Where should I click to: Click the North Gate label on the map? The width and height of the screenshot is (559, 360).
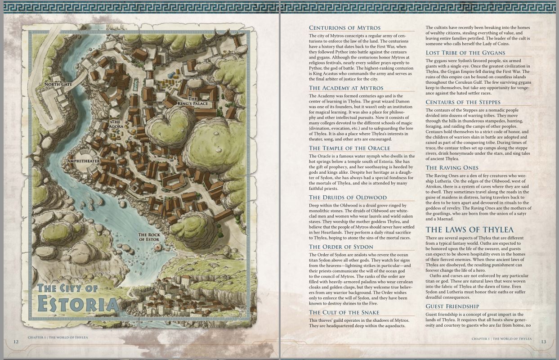(x=58, y=84)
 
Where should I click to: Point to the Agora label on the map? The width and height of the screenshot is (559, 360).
(x=116, y=124)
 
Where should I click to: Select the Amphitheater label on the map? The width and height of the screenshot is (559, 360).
(x=84, y=161)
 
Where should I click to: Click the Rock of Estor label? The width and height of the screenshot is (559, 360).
(x=149, y=237)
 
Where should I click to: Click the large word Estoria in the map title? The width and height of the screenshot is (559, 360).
(x=78, y=304)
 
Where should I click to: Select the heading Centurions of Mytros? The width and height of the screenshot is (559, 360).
(x=344, y=28)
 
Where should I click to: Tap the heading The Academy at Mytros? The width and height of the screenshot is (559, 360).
(x=346, y=88)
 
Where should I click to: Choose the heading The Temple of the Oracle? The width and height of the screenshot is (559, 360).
(x=349, y=148)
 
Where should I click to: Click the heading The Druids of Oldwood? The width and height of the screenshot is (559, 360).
(x=348, y=197)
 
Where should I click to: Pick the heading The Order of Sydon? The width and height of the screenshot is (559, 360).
(x=341, y=247)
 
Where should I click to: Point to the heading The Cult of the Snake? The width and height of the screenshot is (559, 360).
(x=344, y=312)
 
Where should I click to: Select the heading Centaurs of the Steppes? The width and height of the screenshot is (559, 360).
(x=463, y=102)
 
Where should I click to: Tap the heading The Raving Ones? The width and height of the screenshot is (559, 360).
(x=452, y=168)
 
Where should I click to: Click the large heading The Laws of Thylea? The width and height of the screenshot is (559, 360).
(x=470, y=230)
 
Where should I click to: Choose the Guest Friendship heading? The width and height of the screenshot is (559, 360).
(x=452, y=306)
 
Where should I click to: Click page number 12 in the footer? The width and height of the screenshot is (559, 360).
(x=16, y=342)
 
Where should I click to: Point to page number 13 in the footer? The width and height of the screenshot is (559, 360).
(x=543, y=342)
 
